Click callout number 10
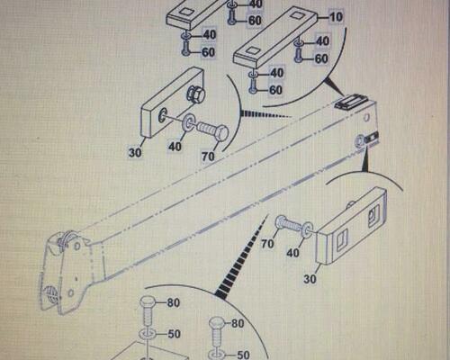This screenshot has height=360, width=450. [x=336, y=17]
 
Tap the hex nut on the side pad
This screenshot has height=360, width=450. [x=196, y=94]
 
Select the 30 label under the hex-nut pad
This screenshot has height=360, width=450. [x=135, y=153]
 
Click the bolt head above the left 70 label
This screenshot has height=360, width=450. [x=220, y=133]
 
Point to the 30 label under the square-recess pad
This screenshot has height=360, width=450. [x=310, y=279]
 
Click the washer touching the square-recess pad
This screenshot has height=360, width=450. [x=307, y=230]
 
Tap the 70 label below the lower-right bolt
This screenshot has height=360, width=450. [x=267, y=244]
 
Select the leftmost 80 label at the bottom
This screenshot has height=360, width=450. [x=174, y=302]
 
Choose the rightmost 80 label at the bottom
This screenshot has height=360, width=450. [x=238, y=324]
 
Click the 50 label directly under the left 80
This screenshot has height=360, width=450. [x=174, y=334]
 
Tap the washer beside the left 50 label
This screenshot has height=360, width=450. [x=147, y=334]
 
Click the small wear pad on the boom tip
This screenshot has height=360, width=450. [x=349, y=102]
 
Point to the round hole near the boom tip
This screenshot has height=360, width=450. [x=366, y=117]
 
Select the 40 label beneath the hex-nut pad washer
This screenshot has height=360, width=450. [x=175, y=147]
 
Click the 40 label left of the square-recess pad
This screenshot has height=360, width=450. [x=292, y=253]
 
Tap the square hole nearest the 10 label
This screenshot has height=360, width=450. [x=299, y=15]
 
